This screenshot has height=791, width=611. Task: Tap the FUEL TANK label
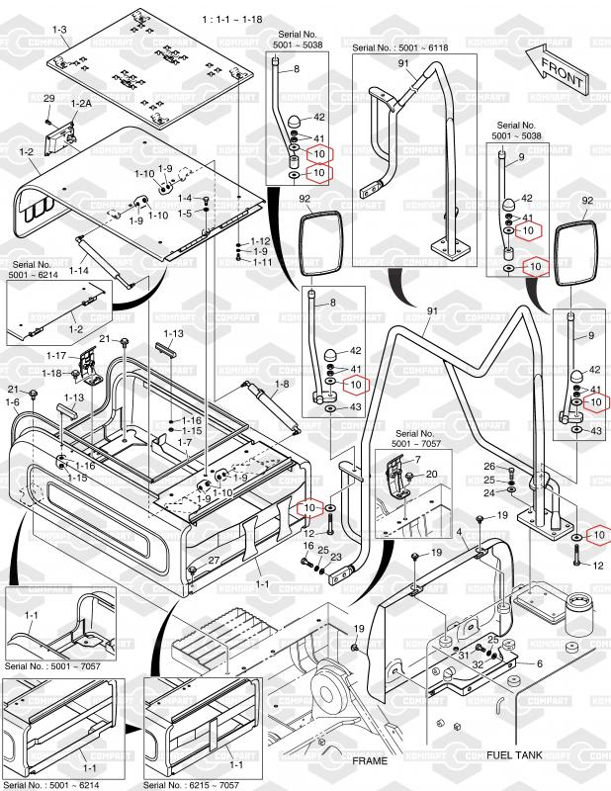[520, 754]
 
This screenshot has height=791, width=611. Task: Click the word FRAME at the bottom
[372, 761]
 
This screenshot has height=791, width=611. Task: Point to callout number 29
[48, 99]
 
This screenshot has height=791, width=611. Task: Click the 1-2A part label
[82, 104]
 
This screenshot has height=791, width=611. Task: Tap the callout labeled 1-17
[57, 356]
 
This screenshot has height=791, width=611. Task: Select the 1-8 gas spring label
[282, 384]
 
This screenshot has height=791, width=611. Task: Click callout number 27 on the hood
[214, 562]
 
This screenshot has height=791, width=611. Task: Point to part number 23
[336, 557]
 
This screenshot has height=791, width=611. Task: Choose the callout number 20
[431, 475]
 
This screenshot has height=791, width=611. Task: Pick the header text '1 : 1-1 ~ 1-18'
[231, 19]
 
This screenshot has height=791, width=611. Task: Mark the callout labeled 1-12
[260, 241]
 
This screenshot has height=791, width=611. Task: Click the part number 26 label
[489, 466]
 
